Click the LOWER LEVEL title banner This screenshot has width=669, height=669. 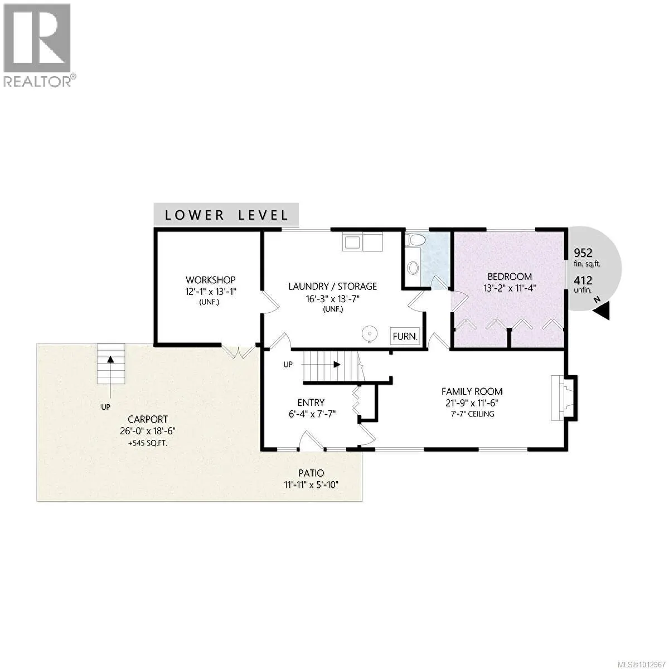(226, 215)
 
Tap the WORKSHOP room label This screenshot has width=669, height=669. (210, 280)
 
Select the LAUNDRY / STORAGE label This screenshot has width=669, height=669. (332, 287)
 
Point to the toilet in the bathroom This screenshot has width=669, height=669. (416, 240)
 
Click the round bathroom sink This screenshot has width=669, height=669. (413, 268)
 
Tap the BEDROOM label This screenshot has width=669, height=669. (510, 277)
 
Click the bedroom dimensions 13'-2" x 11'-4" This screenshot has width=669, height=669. (510, 288)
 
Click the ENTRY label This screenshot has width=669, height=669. (311, 403)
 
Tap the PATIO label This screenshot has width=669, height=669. (311, 473)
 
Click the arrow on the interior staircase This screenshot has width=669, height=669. (336, 365)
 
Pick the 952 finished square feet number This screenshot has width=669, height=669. (583, 252)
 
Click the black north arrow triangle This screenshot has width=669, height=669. (603, 312)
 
